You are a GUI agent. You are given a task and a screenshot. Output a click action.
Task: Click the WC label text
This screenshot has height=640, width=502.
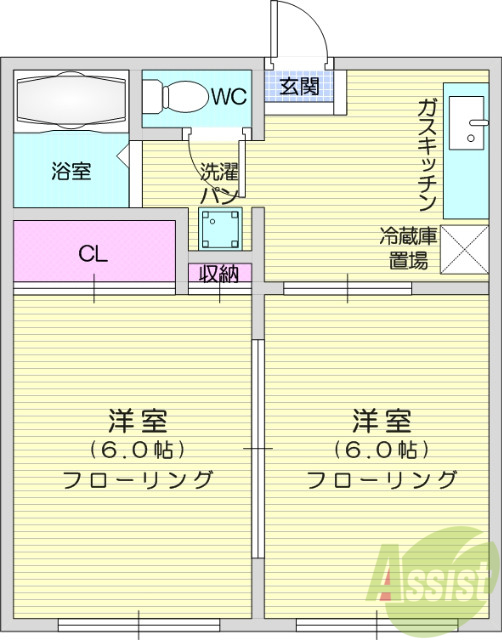click(x=227, y=96)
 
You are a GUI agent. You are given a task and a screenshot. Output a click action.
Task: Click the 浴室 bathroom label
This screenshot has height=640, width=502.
click(x=71, y=170)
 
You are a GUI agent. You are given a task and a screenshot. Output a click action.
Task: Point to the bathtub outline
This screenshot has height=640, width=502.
click(x=72, y=100)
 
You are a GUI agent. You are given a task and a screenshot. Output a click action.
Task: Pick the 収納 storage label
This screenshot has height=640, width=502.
click(x=218, y=273)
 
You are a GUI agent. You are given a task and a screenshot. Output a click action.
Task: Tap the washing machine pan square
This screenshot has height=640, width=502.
click(x=220, y=231)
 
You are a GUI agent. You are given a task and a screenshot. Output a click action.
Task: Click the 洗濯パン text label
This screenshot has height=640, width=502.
click(x=216, y=182)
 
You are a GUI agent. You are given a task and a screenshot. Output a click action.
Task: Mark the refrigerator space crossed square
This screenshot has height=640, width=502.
click(x=463, y=250)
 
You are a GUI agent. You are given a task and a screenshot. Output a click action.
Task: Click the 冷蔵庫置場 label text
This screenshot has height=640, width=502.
click(x=407, y=250)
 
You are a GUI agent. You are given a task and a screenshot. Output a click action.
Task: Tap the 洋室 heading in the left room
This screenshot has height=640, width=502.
click(x=138, y=418)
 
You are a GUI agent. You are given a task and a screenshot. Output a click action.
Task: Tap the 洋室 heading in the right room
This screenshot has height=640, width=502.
click(x=380, y=418)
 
